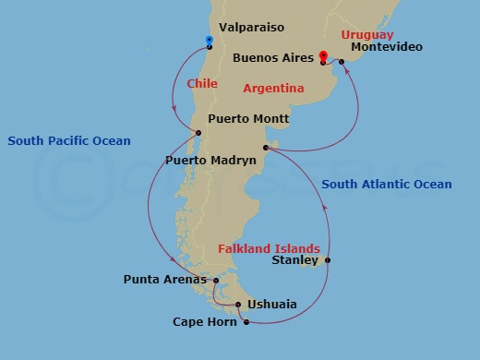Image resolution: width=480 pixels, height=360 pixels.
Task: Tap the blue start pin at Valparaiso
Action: tap(210, 41)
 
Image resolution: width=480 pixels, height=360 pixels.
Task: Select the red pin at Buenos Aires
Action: tap(322, 56)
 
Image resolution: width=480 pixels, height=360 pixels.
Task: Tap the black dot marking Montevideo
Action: tap(342, 62)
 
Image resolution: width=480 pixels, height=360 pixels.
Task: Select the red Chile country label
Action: tap(202, 84)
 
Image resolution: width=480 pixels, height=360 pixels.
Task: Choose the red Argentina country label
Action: tap(274, 89)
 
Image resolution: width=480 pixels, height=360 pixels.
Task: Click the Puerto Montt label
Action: tap(249, 119)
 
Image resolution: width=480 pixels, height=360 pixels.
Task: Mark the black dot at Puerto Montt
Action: tap(198, 134)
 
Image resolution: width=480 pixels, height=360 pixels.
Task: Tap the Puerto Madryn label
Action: tap(210, 161)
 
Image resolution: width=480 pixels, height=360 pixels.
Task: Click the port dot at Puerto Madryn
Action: tap(265, 147)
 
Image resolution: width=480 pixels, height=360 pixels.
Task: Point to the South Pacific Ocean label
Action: tap(69, 141)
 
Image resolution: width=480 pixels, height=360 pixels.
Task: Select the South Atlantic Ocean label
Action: tap(387, 185)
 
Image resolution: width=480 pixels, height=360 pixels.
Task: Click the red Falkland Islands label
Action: tap(269, 248)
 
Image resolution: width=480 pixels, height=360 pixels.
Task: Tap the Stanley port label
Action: tap(295, 261)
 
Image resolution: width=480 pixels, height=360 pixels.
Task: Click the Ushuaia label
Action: tap(272, 303)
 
